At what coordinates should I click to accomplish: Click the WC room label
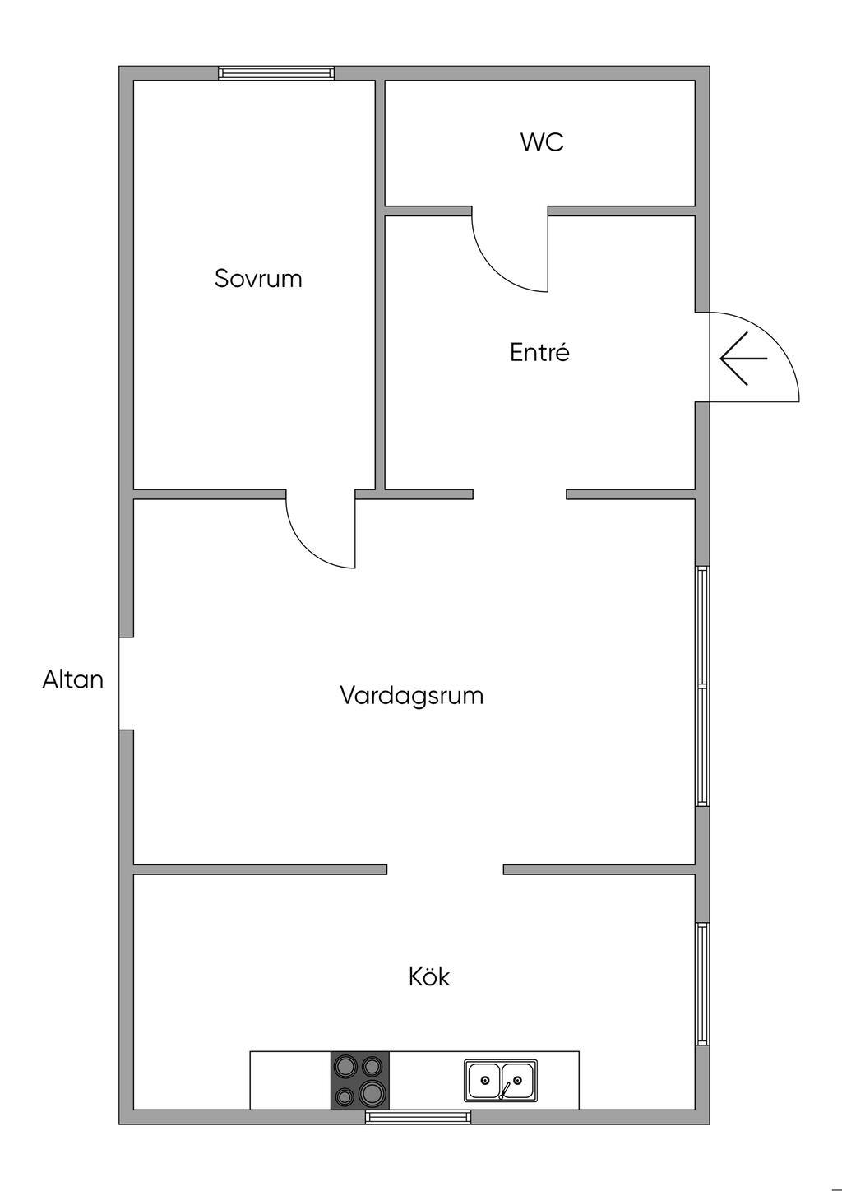click(542, 141)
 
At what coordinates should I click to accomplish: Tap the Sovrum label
click(258, 278)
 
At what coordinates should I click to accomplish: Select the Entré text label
click(539, 352)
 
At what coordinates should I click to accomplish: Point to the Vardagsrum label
click(411, 695)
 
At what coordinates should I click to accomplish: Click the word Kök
click(429, 976)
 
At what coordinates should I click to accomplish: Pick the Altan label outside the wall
click(73, 679)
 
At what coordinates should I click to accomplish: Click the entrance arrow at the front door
click(743, 359)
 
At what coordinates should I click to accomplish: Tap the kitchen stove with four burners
click(360, 1080)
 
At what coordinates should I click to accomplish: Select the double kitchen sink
click(501, 1080)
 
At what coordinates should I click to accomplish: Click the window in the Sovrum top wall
click(276, 73)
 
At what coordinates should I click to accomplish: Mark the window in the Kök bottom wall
click(419, 1117)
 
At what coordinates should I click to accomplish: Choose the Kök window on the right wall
click(702, 983)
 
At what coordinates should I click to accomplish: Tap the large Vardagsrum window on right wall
click(702, 685)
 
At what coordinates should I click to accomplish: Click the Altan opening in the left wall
click(126, 683)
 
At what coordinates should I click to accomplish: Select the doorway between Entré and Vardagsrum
click(520, 494)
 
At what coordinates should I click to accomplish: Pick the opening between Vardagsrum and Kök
click(445, 869)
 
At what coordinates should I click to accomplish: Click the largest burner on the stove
click(372, 1092)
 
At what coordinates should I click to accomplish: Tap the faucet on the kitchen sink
click(503, 1091)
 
